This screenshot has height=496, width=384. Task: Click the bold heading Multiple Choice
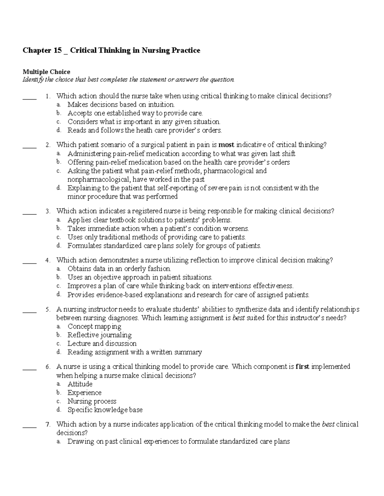[x=46, y=72]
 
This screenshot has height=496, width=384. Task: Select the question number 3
[x=48, y=211]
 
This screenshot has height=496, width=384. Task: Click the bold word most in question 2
[x=226, y=145]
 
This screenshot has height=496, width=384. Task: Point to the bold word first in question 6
[x=302, y=367]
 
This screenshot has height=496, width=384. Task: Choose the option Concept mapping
[x=94, y=326]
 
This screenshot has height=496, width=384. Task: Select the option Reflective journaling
[x=100, y=335]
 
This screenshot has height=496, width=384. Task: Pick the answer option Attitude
[x=80, y=384]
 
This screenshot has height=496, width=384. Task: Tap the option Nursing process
[x=92, y=401]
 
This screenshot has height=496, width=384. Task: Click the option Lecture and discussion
[x=102, y=344]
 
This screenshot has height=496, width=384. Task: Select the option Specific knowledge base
[x=105, y=410]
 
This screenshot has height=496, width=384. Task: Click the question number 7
[x=48, y=424]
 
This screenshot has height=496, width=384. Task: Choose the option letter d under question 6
[x=59, y=410]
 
